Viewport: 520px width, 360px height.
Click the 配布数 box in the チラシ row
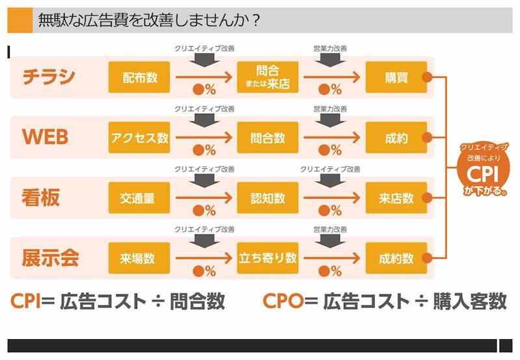139,77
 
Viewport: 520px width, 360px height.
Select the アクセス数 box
139,138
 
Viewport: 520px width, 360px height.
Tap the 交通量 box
139,198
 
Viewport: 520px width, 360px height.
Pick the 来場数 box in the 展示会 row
139,258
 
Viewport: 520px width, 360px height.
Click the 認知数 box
268,198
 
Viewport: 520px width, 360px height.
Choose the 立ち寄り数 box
268,258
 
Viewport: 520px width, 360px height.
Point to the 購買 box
396,77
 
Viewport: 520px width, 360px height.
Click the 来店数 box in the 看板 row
396,198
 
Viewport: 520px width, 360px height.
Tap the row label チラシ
49,77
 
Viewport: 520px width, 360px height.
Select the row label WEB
45,137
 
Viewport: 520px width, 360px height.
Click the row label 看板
41,198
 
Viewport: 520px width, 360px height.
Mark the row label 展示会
51,258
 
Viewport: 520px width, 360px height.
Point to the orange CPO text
283,301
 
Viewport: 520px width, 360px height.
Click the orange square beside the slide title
20,20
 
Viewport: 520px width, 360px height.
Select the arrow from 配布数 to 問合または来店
203,77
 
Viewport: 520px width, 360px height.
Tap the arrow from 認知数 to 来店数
331,198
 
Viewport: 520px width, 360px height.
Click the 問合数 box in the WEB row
268,138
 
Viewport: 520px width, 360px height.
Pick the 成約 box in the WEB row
396,138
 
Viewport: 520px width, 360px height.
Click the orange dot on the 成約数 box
427,258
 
